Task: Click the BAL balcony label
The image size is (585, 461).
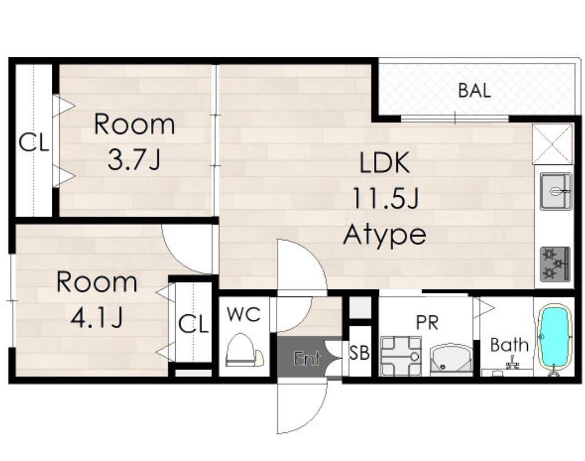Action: coord(474,90)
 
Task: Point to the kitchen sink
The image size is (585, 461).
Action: coord(556,191)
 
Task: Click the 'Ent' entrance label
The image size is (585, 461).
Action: coord(306,358)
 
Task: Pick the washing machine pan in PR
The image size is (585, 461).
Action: coord(400,356)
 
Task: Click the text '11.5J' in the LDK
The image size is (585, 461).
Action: coord(385,198)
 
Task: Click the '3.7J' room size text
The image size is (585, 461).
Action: coord(134,160)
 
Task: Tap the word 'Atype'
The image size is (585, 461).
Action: coord(384,235)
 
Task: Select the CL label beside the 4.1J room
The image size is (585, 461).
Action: coord(193,324)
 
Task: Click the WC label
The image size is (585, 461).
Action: coord(243,314)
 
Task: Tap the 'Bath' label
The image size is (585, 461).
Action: coord(510,345)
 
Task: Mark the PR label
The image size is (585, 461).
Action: coord(427,323)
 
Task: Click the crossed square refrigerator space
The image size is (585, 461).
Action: coord(552,144)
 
